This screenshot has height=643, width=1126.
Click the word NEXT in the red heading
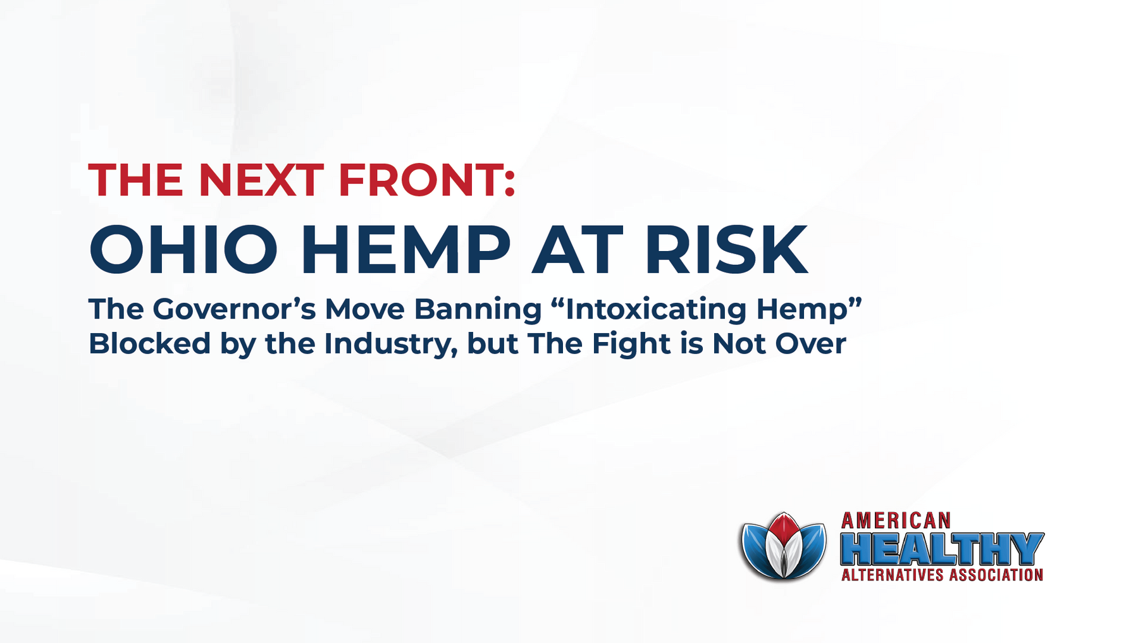[x=261, y=181]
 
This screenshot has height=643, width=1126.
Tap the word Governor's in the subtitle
[x=233, y=309]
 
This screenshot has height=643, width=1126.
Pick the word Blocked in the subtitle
[x=149, y=344]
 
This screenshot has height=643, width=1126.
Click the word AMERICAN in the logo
[x=896, y=521]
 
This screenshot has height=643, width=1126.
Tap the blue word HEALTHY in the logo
[x=941, y=548]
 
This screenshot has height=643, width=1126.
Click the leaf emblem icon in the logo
[x=784, y=546]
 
